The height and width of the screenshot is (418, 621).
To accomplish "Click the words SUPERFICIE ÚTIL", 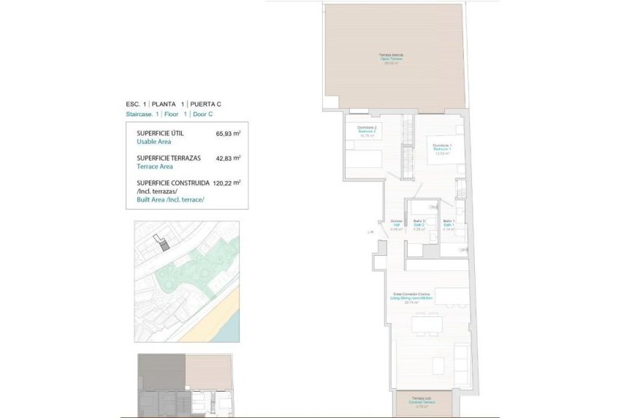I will (160, 133).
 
